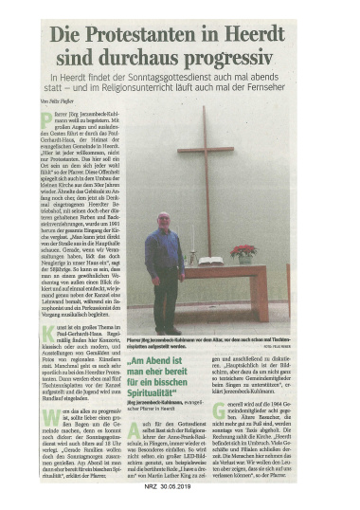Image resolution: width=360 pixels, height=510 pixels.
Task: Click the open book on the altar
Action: click(210, 260)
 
